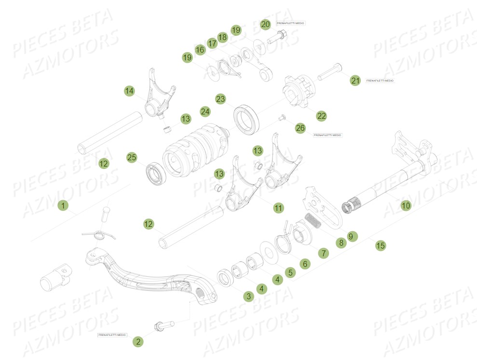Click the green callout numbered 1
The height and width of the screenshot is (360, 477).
(x=63, y=206)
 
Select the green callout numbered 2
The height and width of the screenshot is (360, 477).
(x=138, y=342)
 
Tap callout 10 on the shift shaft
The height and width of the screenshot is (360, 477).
(x=406, y=206)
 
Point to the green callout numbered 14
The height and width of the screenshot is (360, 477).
(x=129, y=91)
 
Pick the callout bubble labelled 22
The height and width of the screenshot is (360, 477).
(x=321, y=116)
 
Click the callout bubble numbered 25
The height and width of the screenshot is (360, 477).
(x=132, y=157)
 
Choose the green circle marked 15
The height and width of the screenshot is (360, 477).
(x=381, y=246)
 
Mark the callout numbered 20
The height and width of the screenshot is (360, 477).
(x=265, y=24)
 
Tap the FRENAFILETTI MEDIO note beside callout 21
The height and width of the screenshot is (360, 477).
(x=380, y=81)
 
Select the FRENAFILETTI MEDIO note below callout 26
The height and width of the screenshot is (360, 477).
(x=327, y=135)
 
